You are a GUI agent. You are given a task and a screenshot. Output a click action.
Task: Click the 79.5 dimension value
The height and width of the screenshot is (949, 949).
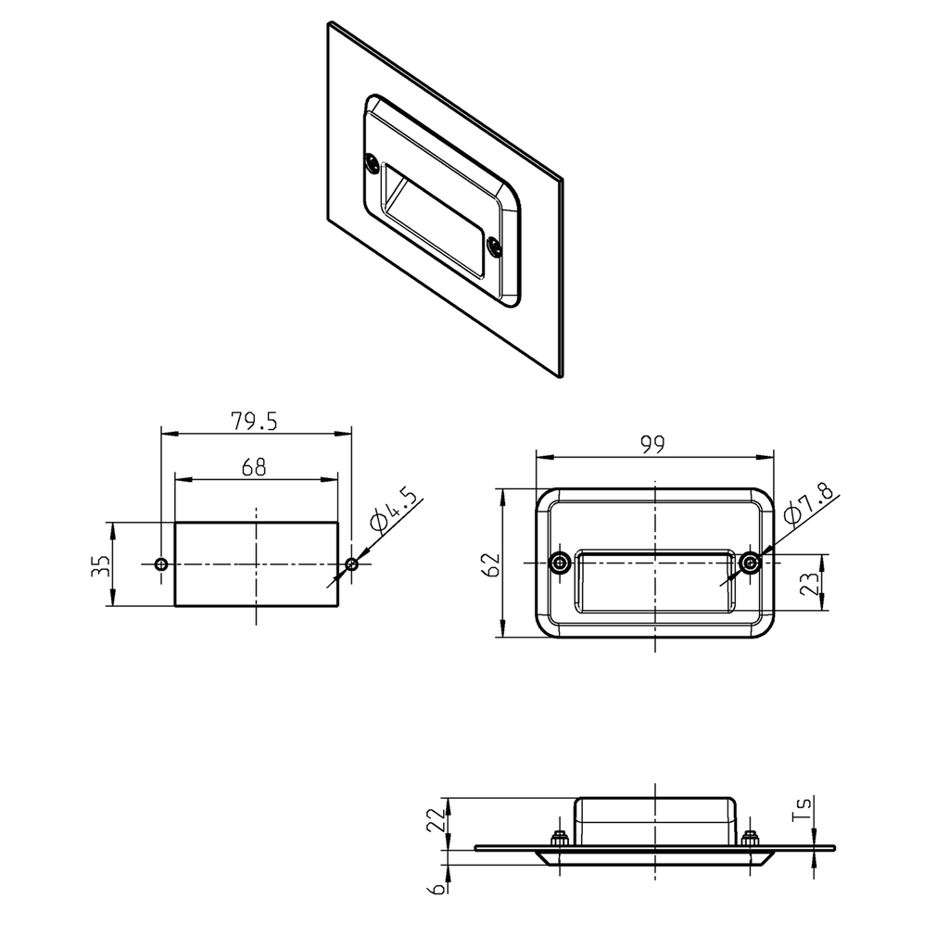254,422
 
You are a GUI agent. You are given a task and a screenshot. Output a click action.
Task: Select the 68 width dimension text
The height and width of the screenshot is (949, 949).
254,468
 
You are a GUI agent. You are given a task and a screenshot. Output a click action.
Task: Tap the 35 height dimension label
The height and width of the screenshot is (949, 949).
100,565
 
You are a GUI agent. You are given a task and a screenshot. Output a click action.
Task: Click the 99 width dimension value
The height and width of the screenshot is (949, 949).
654,445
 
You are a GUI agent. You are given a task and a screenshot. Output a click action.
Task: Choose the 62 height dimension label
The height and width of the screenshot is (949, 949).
492,563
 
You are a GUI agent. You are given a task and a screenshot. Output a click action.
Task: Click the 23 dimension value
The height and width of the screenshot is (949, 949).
809,584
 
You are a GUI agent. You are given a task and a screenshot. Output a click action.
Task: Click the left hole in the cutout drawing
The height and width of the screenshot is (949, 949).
161,564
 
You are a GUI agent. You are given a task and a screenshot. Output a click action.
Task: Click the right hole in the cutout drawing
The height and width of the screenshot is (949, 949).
351,564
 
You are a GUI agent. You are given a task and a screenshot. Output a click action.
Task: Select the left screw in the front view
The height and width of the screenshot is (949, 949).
560,563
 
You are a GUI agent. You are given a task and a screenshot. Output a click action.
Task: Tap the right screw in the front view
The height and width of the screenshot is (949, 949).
750,563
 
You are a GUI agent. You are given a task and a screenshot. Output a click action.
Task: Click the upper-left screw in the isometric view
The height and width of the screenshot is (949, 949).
371,163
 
